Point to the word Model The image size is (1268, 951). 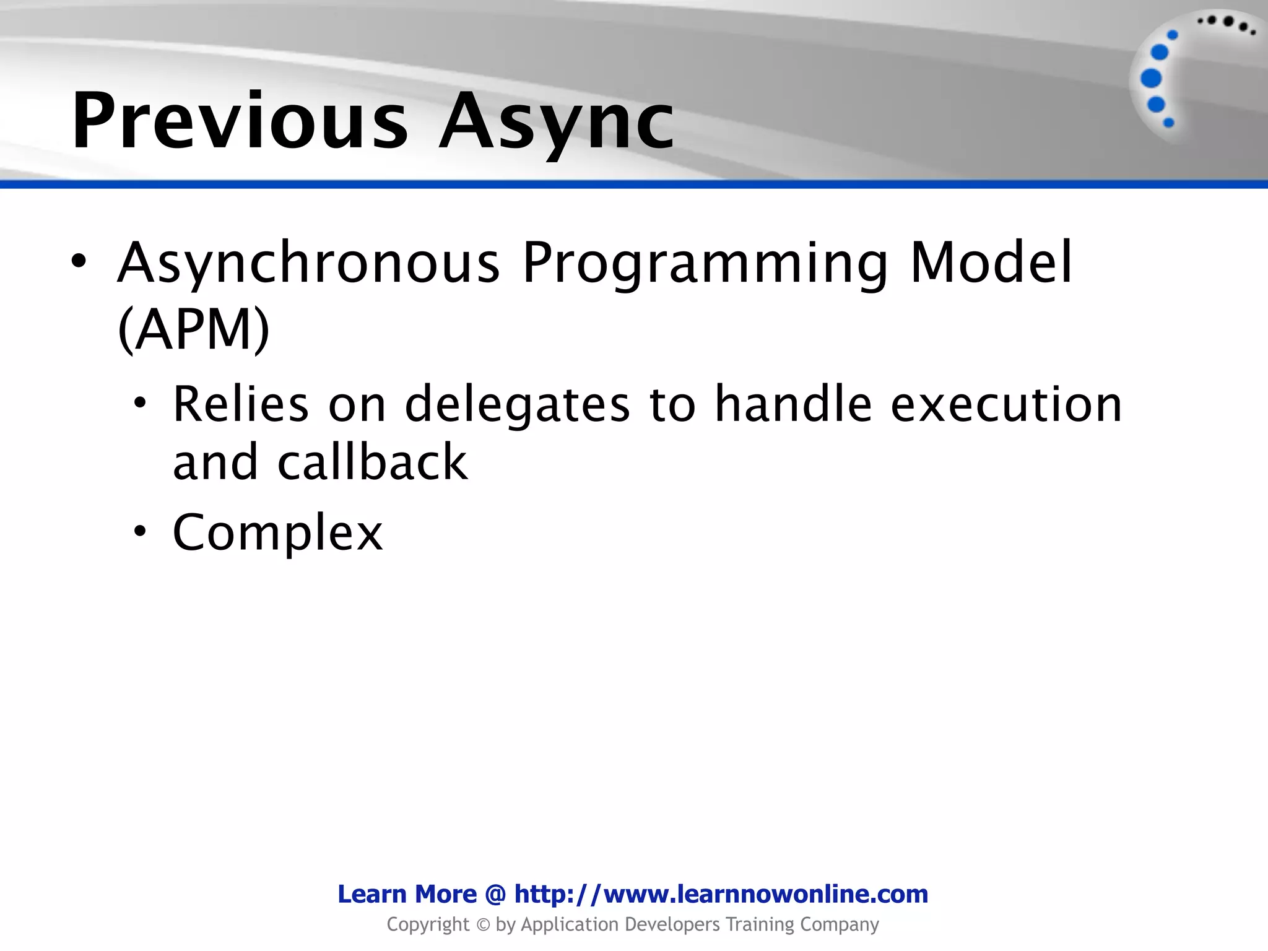tap(991, 263)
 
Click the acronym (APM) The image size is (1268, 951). tap(194, 329)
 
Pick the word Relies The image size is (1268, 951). tap(240, 404)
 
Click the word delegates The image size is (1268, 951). tap(517, 404)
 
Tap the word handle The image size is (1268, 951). tap(793, 404)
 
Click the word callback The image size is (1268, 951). tap(372, 462)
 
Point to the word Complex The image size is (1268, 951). tap(277, 532)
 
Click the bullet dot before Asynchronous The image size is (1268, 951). tap(79, 261)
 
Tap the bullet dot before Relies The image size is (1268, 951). tap(141, 404)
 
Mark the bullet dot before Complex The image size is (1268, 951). tap(141, 531)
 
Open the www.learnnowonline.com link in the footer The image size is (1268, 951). tap(721, 894)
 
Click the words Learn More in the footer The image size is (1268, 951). tap(407, 894)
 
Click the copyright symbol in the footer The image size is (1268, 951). tap(482, 925)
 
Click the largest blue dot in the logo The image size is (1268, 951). tap(1151, 79)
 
